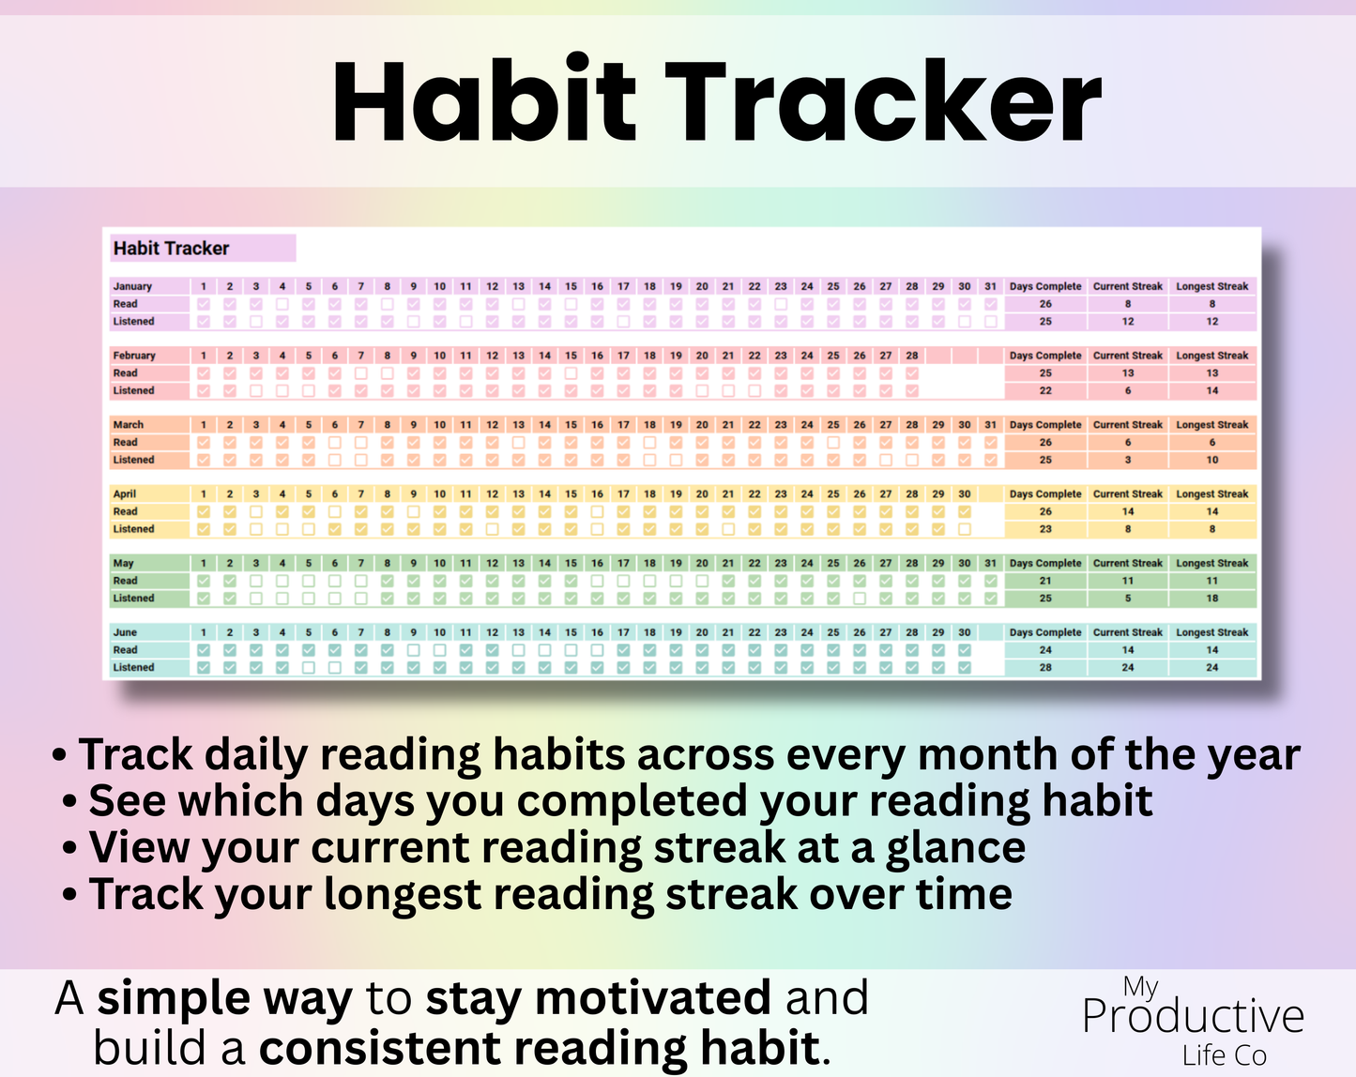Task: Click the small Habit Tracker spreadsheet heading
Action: (x=171, y=249)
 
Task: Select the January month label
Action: (x=132, y=286)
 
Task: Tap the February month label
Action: (x=134, y=356)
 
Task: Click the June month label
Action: (x=125, y=632)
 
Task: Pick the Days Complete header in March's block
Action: (x=1044, y=425)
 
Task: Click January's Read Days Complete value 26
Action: (x=1045, y=304)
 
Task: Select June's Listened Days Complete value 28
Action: (x=1045, y=668)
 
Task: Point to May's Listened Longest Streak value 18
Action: (x=1211, y=599)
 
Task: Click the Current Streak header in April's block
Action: (x=1127, y=494)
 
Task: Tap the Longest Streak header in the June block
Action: (x=1211, y=632)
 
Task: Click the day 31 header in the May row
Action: (x=990, y=563)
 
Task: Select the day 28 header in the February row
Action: (x=911, y=356)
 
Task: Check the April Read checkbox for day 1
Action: (x=204, y=512)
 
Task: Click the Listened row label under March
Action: (x=133, y=460)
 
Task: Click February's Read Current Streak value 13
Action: (x=1127, y=373)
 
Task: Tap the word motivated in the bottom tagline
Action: (x=652, y=997)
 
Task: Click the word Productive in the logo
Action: (x=1193, y=1017)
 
